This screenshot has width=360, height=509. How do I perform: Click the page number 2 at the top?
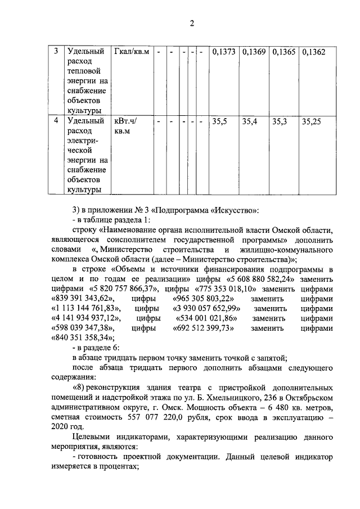(191, 23)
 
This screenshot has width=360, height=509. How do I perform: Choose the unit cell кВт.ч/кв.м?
(126, 126)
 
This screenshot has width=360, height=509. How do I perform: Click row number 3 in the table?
(56, 52)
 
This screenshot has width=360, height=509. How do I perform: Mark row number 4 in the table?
(56, 121)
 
